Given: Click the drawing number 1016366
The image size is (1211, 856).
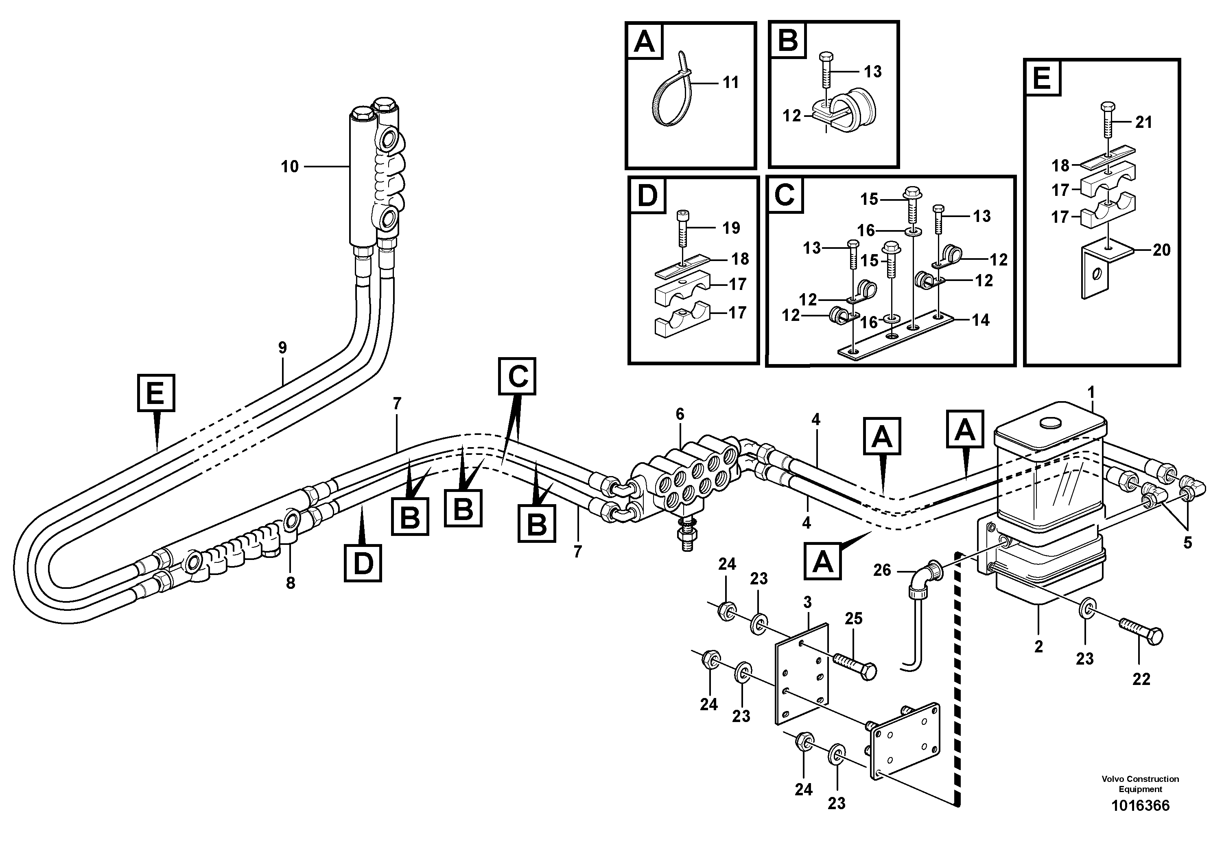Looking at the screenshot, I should tap(1140, 820).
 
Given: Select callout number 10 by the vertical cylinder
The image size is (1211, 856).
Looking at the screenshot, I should tap(290, 167).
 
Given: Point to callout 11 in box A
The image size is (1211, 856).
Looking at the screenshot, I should tap(730, 82).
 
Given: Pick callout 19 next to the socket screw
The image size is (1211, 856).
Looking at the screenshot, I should tap(731, 228).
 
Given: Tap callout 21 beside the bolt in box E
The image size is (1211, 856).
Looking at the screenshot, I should tap(1143, 123).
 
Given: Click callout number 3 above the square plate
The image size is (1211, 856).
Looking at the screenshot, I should tap(807, 602).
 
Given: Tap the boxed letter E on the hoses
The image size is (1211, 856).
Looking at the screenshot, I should tap(155, 393).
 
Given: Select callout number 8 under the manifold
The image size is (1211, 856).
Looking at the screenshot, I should tap(291, 583).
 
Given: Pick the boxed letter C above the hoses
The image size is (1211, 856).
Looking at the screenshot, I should tap(517, 376).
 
